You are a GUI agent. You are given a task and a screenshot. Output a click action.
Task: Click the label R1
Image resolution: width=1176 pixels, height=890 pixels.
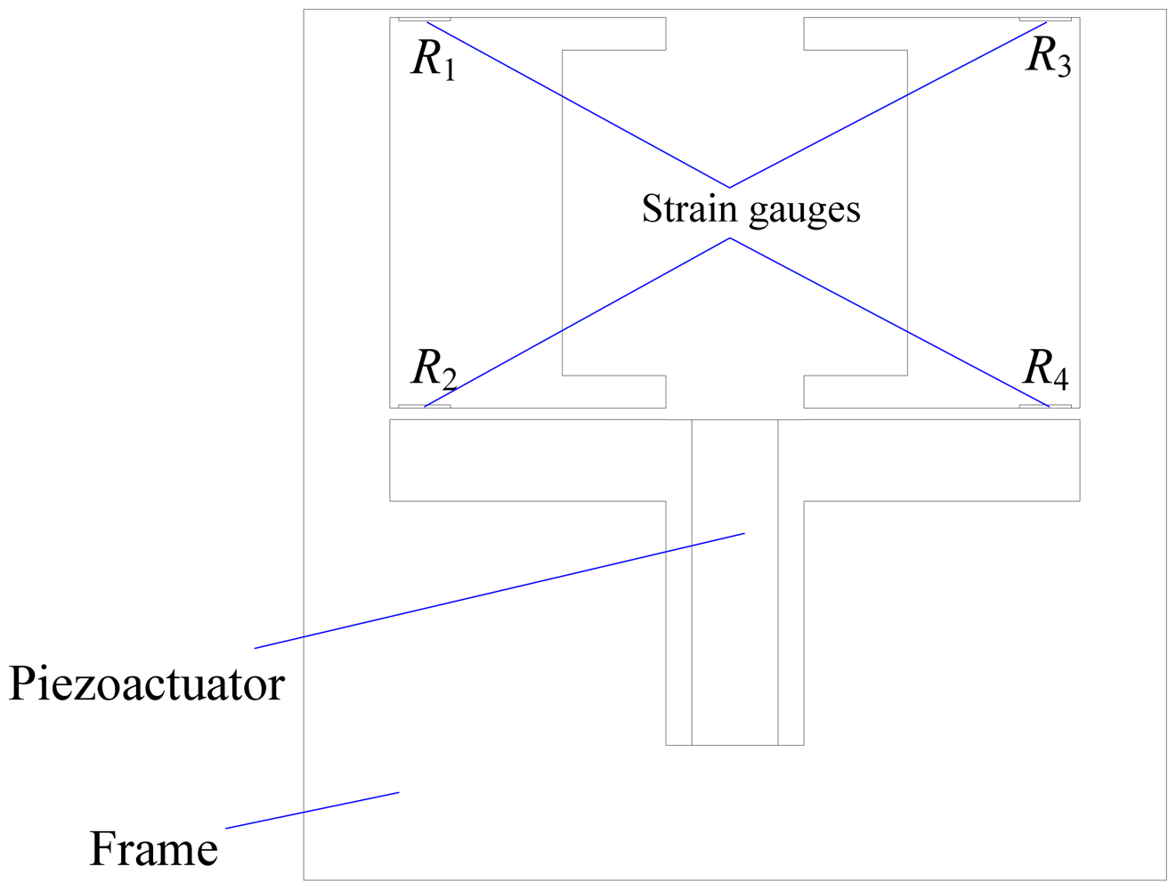433,61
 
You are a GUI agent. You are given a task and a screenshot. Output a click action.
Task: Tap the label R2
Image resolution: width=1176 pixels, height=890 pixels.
433,368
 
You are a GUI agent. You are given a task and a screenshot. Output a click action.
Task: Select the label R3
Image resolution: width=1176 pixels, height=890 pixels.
1048,57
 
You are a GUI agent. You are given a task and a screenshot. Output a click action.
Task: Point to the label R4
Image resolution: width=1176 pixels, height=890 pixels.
1046,368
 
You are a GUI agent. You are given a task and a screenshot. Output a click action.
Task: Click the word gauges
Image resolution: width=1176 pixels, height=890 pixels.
805,211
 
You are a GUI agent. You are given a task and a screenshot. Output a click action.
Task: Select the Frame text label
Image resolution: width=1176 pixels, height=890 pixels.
153,849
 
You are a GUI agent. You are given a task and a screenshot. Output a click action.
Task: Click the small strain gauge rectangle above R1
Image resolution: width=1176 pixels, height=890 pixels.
424,19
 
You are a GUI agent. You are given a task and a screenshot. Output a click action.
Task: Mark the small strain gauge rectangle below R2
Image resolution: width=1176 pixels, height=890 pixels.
424,407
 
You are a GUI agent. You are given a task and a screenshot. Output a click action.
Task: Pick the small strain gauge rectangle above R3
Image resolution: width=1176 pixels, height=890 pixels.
1045,19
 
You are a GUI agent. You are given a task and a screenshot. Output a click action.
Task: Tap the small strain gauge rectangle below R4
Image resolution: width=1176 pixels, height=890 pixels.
1045,407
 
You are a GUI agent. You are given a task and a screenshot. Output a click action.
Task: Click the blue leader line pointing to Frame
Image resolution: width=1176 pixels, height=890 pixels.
312,810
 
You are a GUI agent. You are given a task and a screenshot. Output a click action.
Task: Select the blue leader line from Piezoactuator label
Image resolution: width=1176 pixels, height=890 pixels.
499,590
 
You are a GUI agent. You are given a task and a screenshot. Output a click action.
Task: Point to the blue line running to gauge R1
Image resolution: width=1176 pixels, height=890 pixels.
579,105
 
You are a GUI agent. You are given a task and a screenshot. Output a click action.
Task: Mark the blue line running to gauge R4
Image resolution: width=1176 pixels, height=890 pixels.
890,322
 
